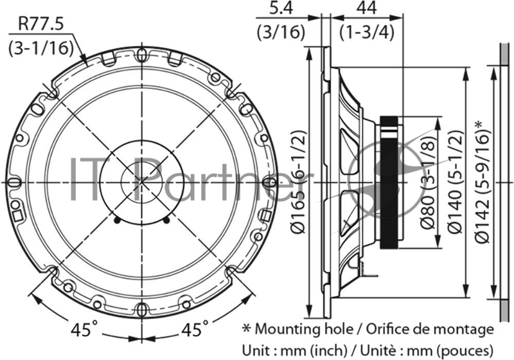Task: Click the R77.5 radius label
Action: tap(40, 24)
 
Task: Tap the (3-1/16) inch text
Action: tap(40, 48)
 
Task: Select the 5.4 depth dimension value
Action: tap(281, 8)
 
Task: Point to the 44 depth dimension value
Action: tap(366, 8)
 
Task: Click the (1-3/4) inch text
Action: tap(366, 32)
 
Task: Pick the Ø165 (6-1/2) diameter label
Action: tap(299, 182)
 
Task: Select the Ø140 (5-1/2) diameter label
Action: tap(456, 182)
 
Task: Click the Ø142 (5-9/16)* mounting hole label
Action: tap(483, 182)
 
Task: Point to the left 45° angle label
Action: tap(85, 329)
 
